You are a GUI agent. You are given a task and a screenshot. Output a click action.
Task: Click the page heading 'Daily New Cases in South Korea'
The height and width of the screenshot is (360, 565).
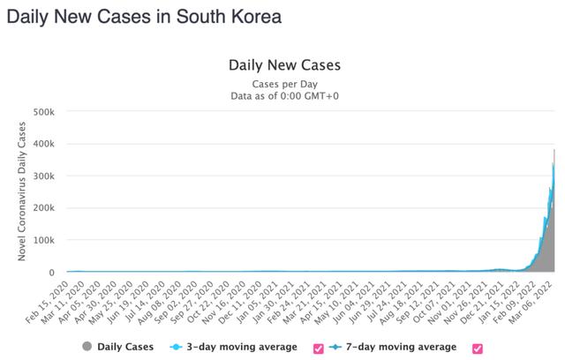point(144,17)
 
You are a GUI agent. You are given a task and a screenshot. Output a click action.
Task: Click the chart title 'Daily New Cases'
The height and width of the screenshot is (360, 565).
point(284,65)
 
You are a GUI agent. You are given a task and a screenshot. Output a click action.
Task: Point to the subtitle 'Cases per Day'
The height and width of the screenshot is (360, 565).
point(284,84)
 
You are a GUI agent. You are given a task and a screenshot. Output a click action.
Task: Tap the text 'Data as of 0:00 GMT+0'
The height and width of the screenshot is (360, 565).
point(284,96)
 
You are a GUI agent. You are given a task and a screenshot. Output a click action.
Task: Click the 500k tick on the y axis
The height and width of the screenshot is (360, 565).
point(43,112)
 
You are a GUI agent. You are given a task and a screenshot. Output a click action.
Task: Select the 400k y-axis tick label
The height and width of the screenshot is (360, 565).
point(43,144)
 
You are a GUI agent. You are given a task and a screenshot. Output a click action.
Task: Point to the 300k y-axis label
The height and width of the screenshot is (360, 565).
point(43,176)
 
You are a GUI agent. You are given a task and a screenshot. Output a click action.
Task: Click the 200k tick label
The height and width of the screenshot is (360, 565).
point(43,207)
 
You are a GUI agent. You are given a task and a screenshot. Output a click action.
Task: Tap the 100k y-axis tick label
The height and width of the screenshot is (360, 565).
point(43,240)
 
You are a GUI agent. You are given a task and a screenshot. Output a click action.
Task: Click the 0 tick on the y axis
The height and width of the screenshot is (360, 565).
point(51,273)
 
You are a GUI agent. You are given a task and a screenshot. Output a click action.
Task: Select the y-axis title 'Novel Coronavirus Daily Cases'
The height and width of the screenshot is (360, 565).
point(22,191)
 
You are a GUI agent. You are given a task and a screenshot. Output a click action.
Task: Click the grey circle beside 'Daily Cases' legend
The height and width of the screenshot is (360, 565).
point(87,346)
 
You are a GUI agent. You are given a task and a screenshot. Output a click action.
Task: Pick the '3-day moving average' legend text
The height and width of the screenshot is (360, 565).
point(242,347)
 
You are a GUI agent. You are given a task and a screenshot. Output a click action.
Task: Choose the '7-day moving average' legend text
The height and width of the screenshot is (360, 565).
point(401,347)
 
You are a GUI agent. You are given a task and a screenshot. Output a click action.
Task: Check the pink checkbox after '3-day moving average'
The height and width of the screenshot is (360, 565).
point(318,349)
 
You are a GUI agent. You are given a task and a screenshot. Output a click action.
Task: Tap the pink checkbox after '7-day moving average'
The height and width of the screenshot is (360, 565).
point(477,349)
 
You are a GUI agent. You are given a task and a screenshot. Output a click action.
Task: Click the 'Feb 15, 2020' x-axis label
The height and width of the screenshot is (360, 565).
point(48,302)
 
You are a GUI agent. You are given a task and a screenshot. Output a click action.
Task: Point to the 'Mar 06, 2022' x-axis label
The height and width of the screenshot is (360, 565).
point(531,302)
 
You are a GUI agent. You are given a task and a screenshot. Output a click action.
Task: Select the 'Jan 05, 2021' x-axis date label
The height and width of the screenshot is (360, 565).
point(257,302)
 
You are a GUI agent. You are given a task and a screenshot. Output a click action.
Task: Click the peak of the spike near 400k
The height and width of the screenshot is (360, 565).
point(554,149)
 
